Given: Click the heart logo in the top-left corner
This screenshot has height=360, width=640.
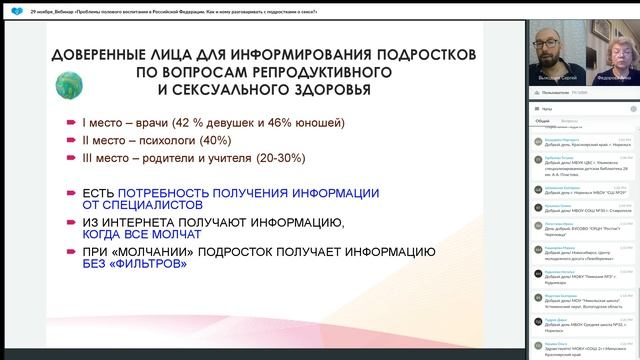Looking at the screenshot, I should click(10, 6).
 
